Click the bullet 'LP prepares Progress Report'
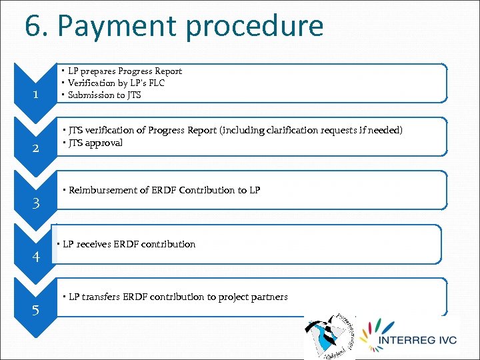tap(125, 71)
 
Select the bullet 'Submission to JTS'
tap(104, 95)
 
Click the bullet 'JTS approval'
tap(95, 143)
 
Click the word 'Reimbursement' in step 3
tap(102, 190)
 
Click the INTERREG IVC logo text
tap(417, 341)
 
